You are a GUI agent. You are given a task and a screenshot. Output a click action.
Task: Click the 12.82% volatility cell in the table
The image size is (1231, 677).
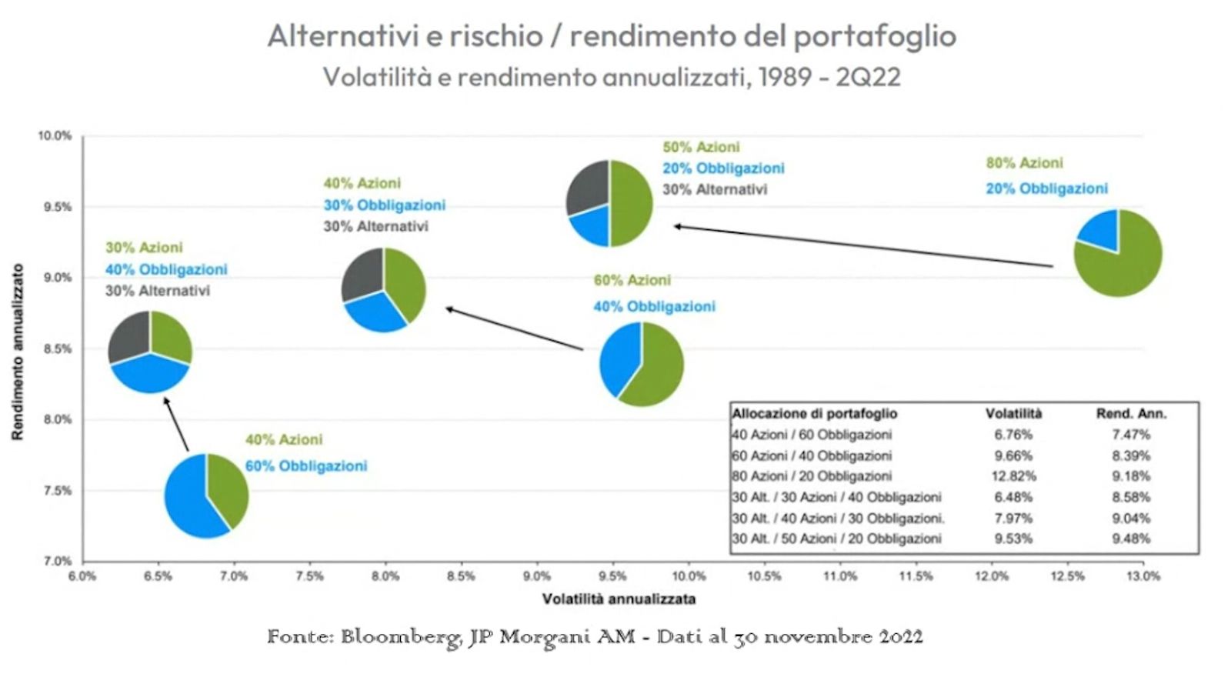[x=1013, y=476]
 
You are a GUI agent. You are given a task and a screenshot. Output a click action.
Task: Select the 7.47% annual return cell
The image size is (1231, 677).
[x=1130, y=435]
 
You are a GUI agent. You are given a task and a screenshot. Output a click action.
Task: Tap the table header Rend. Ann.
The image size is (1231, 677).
[x=1130, y=414]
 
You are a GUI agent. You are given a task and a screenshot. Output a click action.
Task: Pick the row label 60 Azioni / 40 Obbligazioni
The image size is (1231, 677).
[x=812, y=455]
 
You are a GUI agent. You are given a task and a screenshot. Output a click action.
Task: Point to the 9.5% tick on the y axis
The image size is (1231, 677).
[x=57, y=207]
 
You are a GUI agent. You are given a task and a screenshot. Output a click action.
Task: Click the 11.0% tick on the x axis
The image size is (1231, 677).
[x=840, y=575]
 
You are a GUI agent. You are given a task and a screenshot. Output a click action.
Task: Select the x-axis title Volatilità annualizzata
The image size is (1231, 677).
[x=619, y=599]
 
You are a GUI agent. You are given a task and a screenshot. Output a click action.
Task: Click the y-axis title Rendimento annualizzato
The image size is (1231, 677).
[x=18, y=352]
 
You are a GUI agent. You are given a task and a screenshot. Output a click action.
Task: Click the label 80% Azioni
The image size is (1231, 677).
[x=1024, y=163]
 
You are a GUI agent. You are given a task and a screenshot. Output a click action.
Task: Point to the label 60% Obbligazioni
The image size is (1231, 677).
[x=306, y=466]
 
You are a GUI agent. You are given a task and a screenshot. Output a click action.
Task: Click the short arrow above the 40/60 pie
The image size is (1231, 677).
[x=176, y=425]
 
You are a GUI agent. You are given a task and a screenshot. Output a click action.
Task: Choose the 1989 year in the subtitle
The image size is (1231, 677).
[x=786, y=77]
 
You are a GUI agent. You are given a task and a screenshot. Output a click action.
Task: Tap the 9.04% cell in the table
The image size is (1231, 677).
[x=1130, y=518]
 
